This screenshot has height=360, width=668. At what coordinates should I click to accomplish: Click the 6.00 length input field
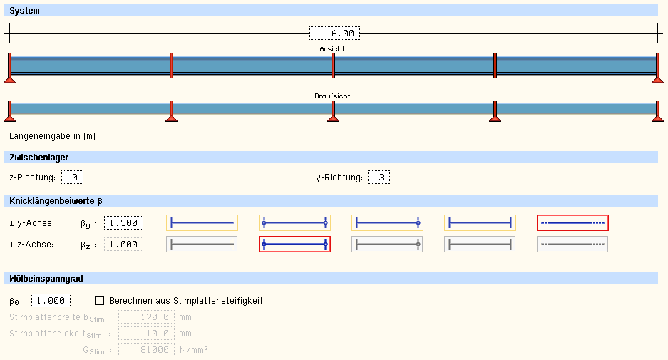point(334,34)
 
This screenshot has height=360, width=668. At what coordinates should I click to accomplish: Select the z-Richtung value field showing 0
point(73,177)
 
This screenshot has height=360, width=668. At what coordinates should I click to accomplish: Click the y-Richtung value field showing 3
point(379,177)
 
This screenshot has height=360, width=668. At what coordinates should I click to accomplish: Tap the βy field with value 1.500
point(123,223)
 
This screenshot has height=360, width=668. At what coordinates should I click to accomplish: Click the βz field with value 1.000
point(123,245)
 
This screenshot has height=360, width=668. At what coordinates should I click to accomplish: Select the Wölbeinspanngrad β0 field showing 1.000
point(51,300)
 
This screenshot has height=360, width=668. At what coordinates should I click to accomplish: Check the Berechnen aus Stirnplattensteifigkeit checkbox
point(100,300)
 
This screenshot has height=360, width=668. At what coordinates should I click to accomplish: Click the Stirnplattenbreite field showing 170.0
point(146,317)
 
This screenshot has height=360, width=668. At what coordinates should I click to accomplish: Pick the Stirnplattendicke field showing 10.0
point(146,333)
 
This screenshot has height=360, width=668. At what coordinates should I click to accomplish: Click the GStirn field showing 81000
point(146,349)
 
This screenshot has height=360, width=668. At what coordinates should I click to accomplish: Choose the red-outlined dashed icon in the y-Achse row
point(572,223)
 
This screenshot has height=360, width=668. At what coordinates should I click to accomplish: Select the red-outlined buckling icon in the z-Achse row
point(294,244)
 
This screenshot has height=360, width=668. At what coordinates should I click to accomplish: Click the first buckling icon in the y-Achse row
point(202,223)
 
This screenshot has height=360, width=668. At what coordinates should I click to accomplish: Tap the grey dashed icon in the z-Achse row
point(572,244)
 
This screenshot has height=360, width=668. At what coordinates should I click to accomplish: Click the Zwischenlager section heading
point(39,157)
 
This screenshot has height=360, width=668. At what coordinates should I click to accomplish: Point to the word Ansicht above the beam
point(332,49)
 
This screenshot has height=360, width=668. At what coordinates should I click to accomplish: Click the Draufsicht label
point(332,96)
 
